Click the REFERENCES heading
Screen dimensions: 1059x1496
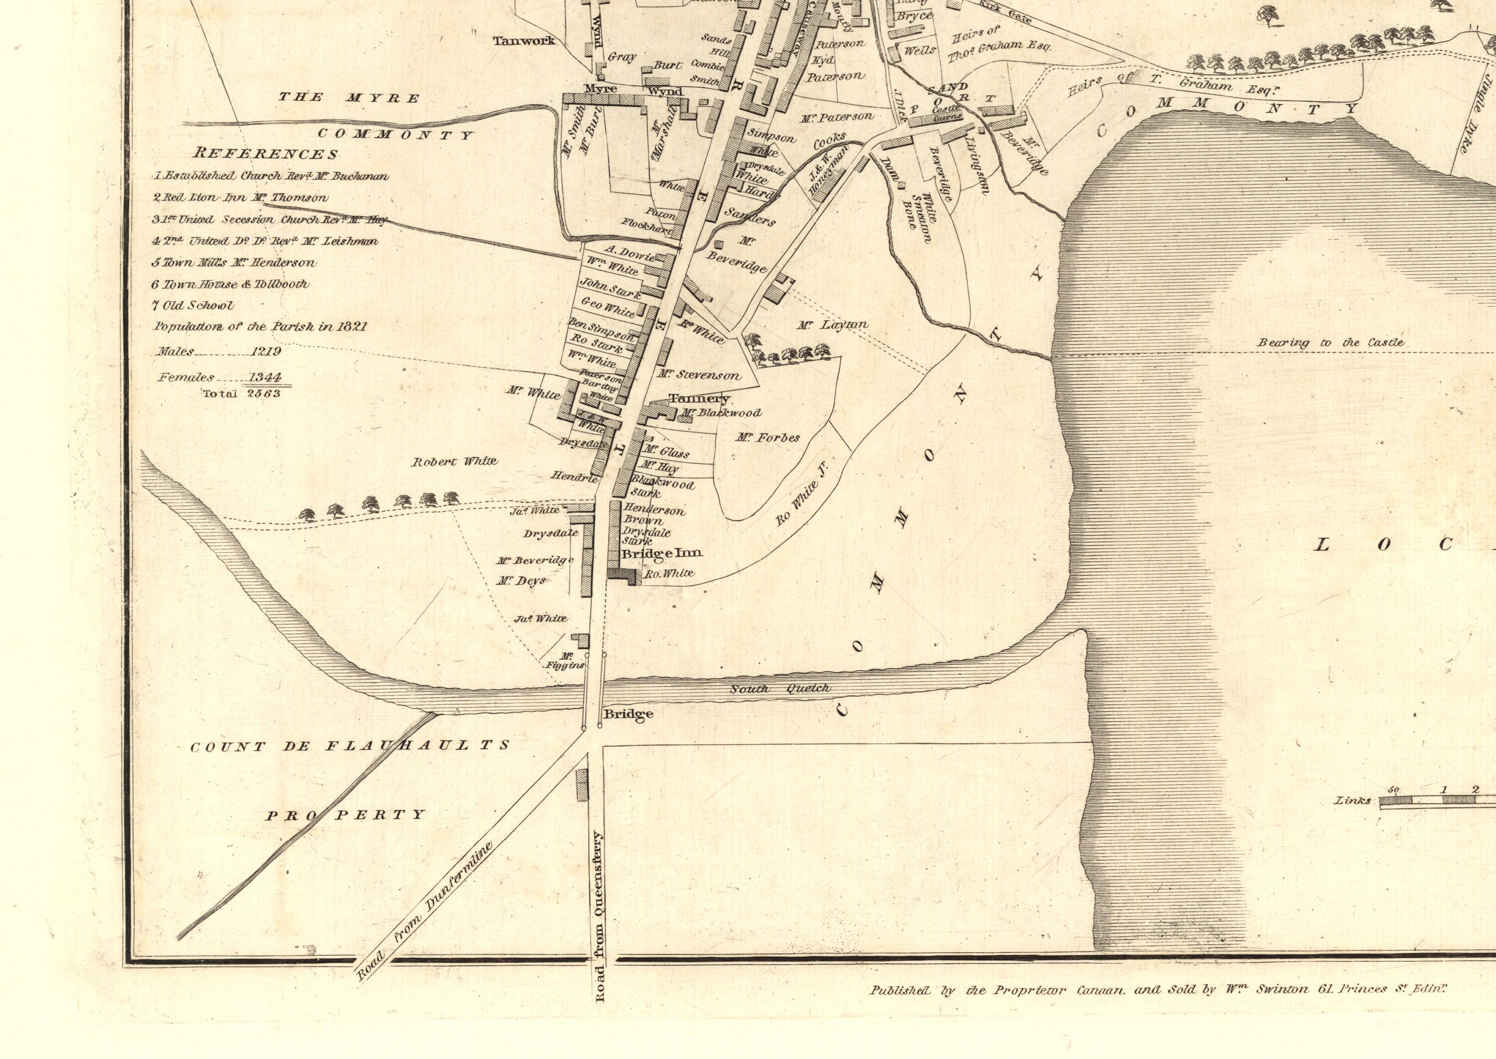[265, 154]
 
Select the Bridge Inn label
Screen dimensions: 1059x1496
[662, 553]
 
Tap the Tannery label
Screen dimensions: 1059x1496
[699, 398]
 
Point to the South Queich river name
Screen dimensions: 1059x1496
[780, 689]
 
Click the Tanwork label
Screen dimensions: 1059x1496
[524, 40]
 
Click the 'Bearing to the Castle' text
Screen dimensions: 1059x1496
[1331, 343]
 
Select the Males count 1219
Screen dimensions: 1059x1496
[265, 352]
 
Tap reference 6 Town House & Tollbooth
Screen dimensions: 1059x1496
[231, 284]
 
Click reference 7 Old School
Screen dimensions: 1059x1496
[193, 305]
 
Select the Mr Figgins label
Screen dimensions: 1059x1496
[565, 661]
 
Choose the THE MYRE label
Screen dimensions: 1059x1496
[350, 98]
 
